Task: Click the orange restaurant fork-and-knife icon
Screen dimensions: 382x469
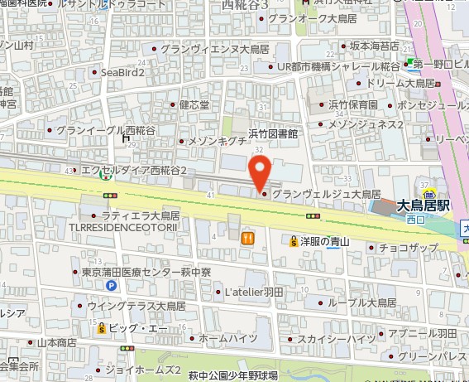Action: [x=246, y=239]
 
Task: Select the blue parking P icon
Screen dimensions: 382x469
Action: [x=110, y=286]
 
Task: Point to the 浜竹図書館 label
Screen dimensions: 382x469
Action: [x=272, y=133]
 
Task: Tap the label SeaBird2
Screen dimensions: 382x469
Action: [x=123, y=73]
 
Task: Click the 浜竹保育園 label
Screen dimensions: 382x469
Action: [x=353, y=105]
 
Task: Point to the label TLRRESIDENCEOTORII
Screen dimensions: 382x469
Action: [x=128, y=226]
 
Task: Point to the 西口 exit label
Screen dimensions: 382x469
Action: [x=415, y=220]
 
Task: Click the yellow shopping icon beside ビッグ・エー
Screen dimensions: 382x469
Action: [x=102, y=327]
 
